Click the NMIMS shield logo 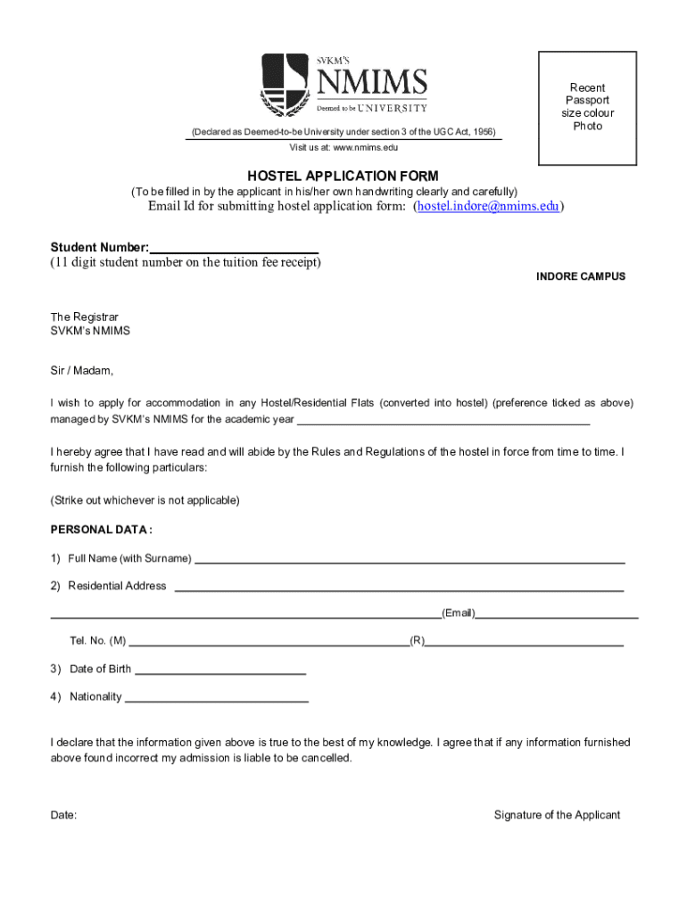pyautogui.click(x=285, y=86)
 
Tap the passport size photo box pyautogui.click(x=586, y=108)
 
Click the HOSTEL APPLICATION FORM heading pyautogui.click(x=343, y=177)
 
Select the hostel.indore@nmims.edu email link pyautogui.click(x=488, y=207)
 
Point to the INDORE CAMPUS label pyautogui.click(x=580, y=276)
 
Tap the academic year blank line pyautogui.click(x=443, y=421)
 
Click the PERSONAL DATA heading pyautogui.click(x=101, y=530)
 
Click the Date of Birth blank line pyautogui.click(x=219, y=671)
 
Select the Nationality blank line pyautogui.click(x=216, y=700)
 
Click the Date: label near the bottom pyautogui.click(x=63, y=815)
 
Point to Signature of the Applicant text pyautogui.click(x=557, y=815)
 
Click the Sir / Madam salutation pyautogui.click(x=81, y=371)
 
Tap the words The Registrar pyautogui.click(x=84, y=317)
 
